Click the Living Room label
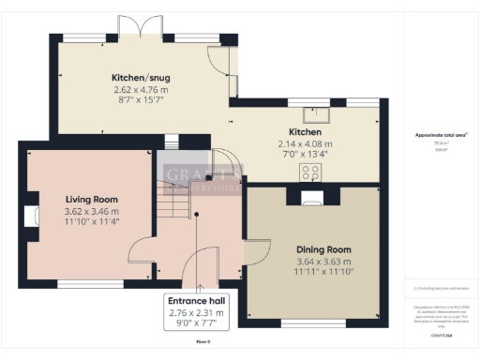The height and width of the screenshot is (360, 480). point(91,200)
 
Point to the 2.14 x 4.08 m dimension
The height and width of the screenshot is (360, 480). point(305,143)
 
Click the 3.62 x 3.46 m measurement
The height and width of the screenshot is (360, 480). point(91,212)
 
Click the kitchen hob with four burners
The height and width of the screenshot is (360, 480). point(310,172)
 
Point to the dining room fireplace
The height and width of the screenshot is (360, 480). point(311,196)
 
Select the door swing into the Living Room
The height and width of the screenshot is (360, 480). point(143,248)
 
